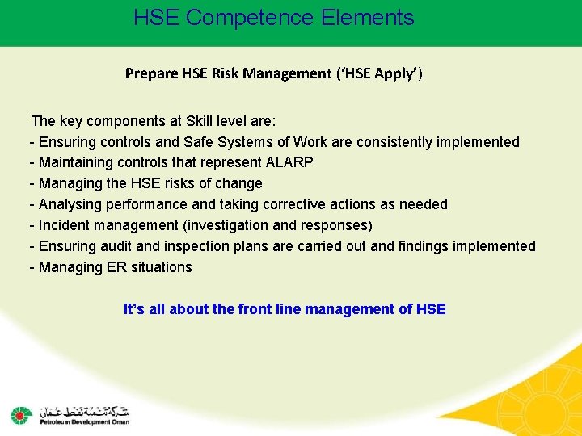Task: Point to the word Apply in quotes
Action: click(x=396, y=74)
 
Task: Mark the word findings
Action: click(x=428, y=246)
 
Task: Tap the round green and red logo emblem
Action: click(x=19, y=415)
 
